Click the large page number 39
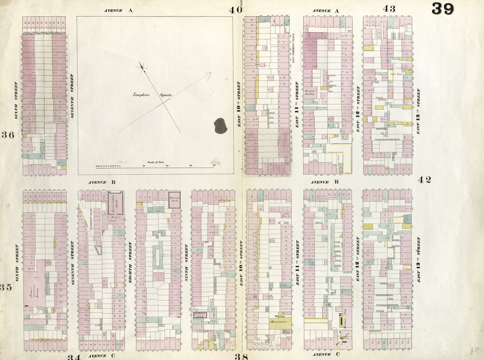click(442, 9)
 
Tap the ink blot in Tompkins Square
click(221, 125)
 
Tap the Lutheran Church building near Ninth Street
click(200, 315)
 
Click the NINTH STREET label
click(186, 263)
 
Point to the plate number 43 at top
click(389, 9)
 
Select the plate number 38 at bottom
click(242, 357)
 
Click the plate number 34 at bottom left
click(73, 357)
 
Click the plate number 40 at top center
click(236, 9)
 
